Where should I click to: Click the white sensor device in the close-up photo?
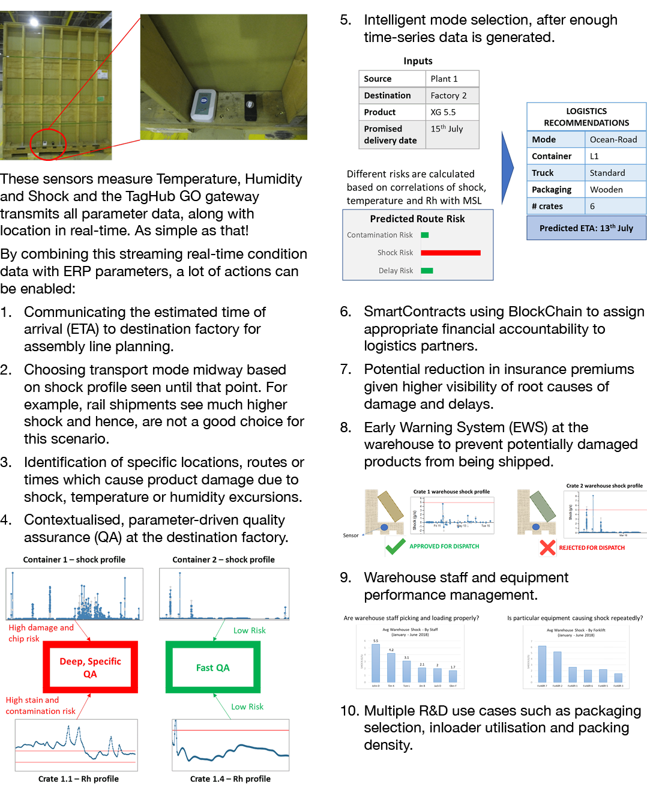pos(203,106)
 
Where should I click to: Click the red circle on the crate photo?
pos(48,144)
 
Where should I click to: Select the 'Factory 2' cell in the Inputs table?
pos(448,95)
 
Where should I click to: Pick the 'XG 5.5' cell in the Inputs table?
pos(451,112)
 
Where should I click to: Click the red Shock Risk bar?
pos(451,253)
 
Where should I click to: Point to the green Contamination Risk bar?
pos(425,235)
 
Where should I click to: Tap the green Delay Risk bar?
pos(427,271)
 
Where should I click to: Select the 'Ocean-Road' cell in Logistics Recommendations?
pos(613,139)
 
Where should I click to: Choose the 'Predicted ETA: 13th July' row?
pos(586,228)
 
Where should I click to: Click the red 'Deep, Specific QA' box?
pos(90,668)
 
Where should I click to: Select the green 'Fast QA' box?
pos(213,668)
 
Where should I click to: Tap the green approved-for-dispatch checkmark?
pos(395,546)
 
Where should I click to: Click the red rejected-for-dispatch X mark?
pos(547,547)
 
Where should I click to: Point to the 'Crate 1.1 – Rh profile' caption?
pos(79,779)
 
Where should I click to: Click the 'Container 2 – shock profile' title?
pos(223,559)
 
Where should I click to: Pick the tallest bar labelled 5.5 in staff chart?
pos(376,663)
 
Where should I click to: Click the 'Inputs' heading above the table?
pos(418,61)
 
